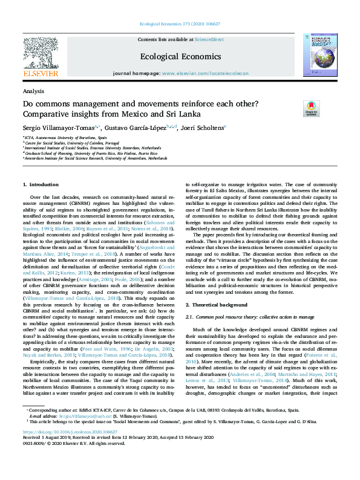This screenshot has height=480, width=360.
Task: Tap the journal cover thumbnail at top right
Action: click(321, 56)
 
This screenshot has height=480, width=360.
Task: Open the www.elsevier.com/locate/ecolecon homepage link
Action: click(205, 73)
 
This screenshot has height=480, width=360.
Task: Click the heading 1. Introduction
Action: click(41, 184)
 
